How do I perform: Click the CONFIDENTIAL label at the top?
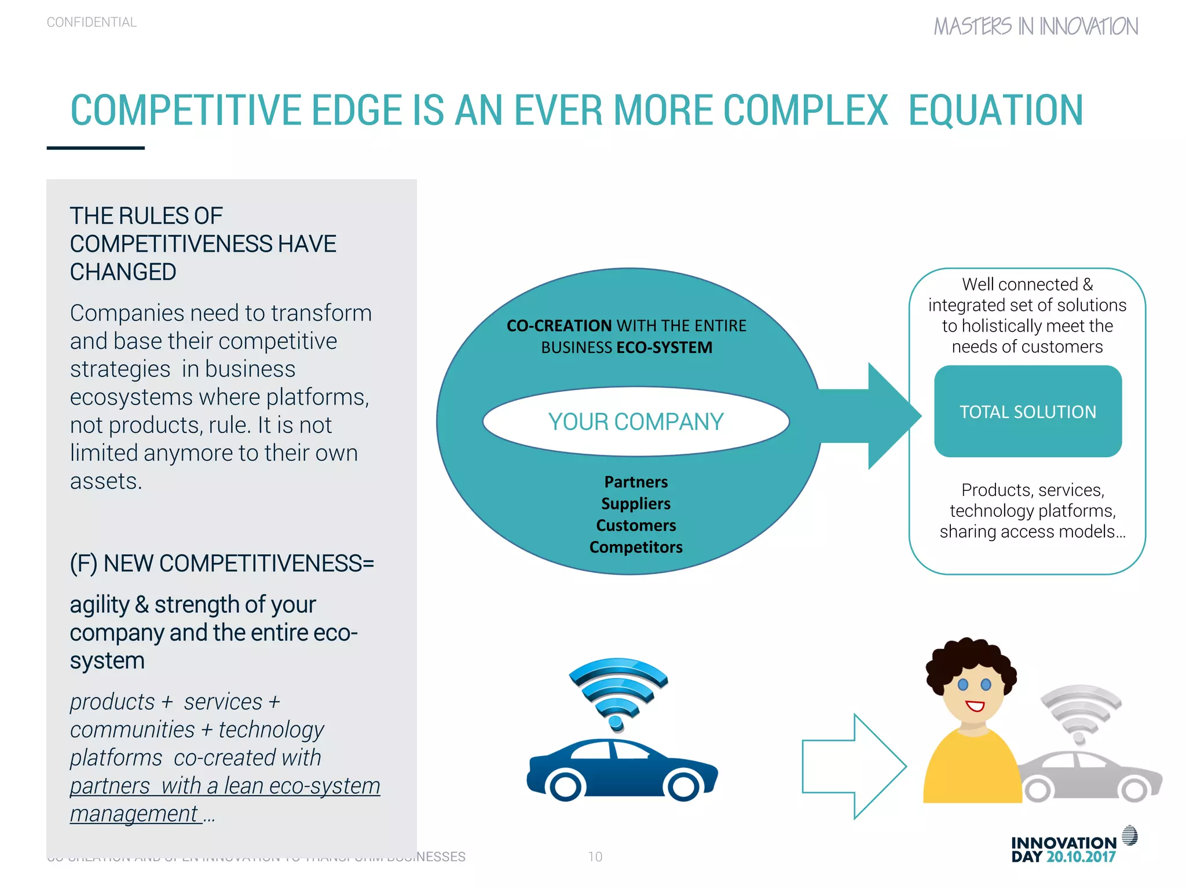click(91, 22)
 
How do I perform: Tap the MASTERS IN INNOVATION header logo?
click(1035, 27)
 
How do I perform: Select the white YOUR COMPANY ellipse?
click(636, 421)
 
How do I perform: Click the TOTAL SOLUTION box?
click(1028, 412)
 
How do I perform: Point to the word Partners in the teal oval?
click(636, 482)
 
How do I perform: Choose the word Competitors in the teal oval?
click(636, 547)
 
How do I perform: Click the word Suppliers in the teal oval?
click(636, 504)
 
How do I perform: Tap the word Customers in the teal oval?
click(636, 526)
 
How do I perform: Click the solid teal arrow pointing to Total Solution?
click(874, 416)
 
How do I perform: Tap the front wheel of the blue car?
click(683, 786)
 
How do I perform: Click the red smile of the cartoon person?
click(975, 706)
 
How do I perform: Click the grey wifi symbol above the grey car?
click(1081, 712)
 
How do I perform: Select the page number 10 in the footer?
click(595, 857)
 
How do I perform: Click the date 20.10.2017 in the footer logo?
click(1081, 857)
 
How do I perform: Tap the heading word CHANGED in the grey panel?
click(123, 272)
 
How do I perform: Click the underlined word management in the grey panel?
click(134, 814)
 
